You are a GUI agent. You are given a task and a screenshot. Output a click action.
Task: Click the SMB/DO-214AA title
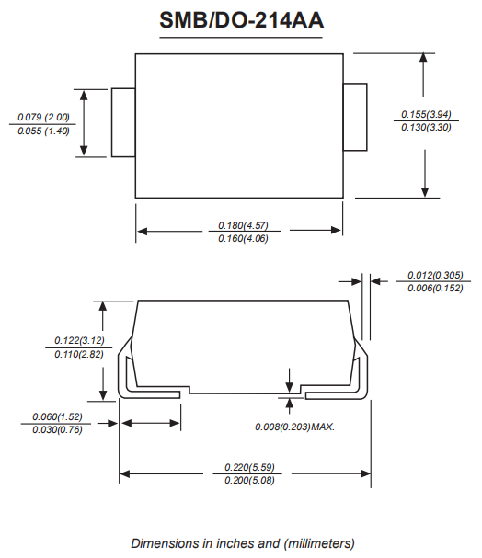tap(241, 20)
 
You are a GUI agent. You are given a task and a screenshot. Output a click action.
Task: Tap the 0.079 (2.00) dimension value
tap(43, 117)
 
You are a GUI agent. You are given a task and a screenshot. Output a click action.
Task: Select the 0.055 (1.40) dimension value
tap(43, 131)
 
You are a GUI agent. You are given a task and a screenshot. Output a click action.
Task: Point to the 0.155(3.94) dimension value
tap(426, 114)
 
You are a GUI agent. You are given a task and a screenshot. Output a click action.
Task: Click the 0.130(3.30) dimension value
tap(426, 127)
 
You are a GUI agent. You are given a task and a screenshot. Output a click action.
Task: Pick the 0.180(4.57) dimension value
tap(243, 225)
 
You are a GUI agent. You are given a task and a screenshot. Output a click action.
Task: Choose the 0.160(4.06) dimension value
tap(243, 238)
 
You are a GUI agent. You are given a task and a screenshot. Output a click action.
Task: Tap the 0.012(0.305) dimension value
tap(435, 275)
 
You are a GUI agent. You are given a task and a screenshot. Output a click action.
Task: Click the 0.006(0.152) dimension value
tap(435, 288)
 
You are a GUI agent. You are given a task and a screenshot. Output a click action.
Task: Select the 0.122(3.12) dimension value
tap(79, 340)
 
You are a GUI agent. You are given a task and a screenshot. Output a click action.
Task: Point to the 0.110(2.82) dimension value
tap(79, 355)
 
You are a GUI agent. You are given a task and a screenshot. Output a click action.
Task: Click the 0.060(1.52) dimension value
tap(57, 416)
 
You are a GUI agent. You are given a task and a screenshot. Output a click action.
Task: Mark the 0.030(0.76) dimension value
tap(57, 430)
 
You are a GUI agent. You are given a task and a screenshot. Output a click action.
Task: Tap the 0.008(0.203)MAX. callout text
tap(294, 427)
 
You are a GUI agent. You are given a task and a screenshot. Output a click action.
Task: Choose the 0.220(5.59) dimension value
tap(249, 467)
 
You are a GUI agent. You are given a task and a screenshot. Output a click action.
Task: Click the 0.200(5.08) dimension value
tap(249, 481)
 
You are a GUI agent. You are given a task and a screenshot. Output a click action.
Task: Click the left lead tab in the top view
tap(123, 122)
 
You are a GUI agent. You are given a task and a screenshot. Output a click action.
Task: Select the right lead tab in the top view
tap(355, 117)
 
